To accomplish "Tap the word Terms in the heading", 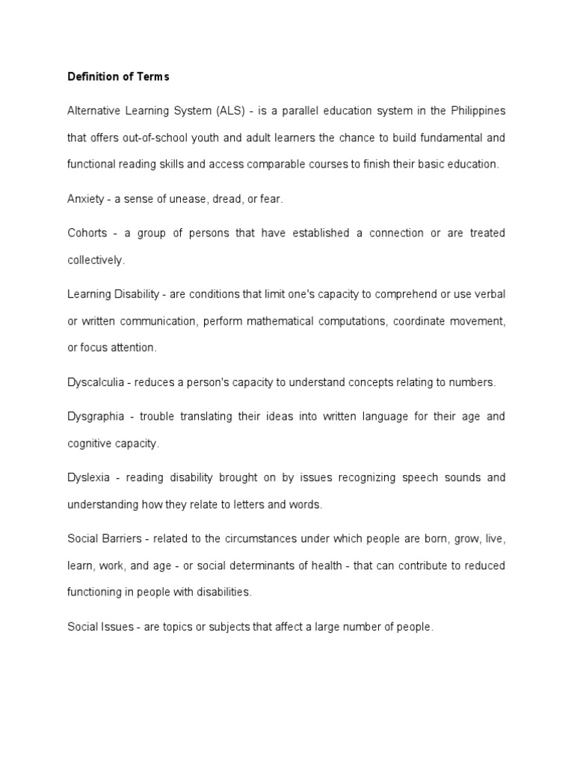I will coord(153,76).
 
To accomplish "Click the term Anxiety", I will coord(84,199).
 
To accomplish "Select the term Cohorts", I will coord(87,233).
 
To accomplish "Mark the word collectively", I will coord(96,260).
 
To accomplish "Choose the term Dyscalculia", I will coord(95,382).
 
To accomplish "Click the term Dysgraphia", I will coord(94,416).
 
